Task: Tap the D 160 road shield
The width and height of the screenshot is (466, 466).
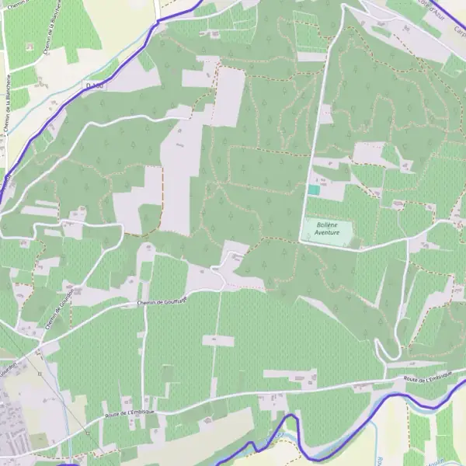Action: (95, 85)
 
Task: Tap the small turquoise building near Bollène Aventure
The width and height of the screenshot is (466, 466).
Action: (314, 190)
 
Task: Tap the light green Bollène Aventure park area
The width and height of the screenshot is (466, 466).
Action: (326, 231)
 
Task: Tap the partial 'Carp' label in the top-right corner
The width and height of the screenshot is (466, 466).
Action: (458, 31)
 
